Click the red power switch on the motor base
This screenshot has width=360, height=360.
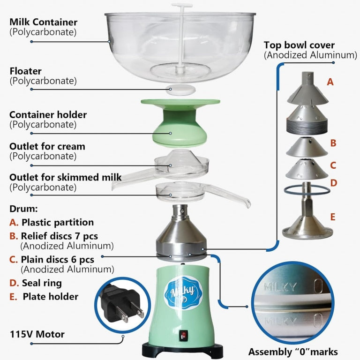pos(184,335)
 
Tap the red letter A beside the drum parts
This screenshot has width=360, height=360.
pos(330,82)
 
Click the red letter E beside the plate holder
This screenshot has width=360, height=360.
pos(332,217)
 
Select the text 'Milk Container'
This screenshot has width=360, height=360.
pos(44,22)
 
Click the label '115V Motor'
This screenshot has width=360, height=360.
pos(37,335)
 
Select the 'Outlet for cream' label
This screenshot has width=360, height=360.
pos(47,146)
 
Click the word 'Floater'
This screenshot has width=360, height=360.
pos(26,71)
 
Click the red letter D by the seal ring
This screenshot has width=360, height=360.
pos(333,183)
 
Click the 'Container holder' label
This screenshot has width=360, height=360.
pos(48,115)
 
